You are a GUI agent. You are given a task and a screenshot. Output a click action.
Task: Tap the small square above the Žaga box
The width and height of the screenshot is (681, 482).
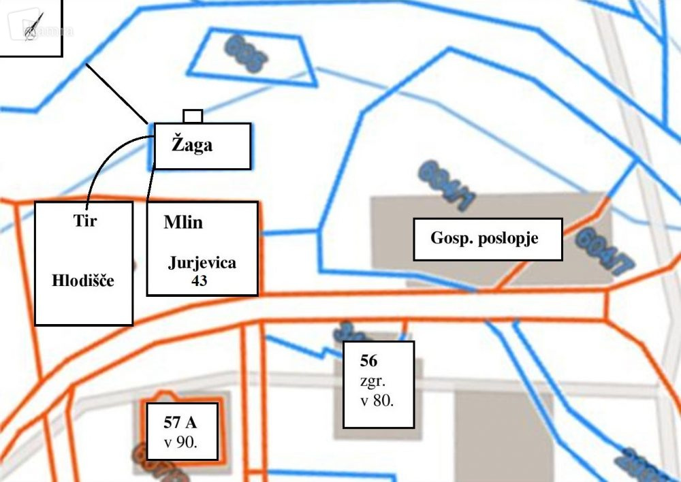[193, 116]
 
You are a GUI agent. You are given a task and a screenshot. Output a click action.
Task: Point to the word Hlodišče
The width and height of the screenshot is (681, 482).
[83, 280]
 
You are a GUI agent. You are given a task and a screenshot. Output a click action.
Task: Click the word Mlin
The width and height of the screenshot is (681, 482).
[183, 223]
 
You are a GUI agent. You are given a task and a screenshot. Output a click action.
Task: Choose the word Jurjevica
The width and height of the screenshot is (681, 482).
[202, 263]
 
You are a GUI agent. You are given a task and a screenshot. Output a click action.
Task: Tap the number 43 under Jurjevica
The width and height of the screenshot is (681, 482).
[202, 279]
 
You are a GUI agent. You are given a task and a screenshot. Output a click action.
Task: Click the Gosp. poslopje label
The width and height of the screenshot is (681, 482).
[486, 239]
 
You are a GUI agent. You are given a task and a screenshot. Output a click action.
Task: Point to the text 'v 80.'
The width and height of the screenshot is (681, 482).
[377, 401]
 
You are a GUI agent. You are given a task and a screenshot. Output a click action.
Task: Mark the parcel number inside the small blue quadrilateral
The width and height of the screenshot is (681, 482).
[245, 54]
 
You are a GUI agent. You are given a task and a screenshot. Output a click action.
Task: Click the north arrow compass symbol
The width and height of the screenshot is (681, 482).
[31, 25]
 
